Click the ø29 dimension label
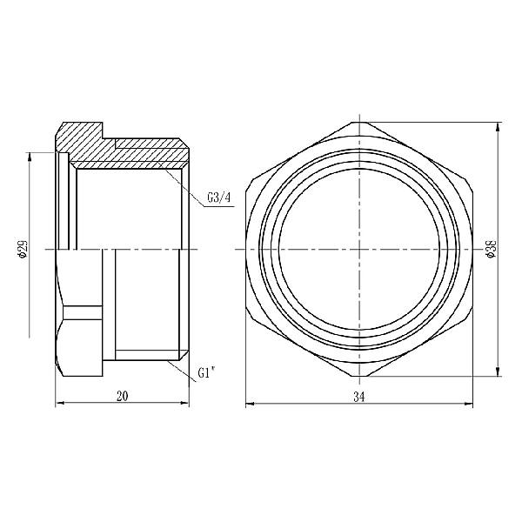[x=22, y=249]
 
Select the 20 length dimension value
[x=122, y=396]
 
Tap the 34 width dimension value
[x=359, y=396]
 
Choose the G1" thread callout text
[x=205, y=372]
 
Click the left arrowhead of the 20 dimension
[x=59, y=404]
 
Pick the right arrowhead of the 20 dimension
[x=186, y=404]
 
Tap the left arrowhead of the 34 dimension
[x=249, y=404]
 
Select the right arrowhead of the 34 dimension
[x=471, y=404]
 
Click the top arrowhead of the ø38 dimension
[x=498, y=125]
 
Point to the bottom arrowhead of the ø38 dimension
[x=498, y=373]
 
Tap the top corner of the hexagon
[x=359, y=123]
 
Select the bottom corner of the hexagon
[x=359, y=377]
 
